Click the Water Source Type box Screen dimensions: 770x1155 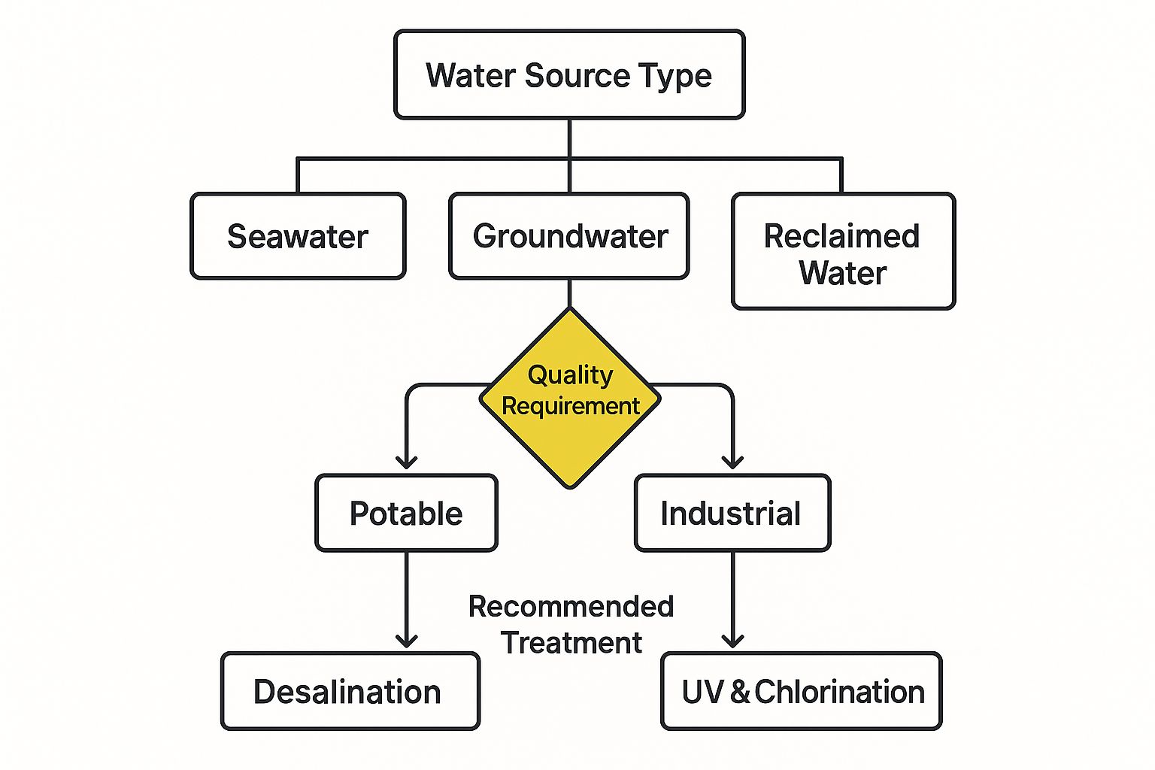[x=569, y=74]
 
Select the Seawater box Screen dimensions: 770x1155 [x=298, y=236]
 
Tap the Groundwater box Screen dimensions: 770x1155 [x=569, y=236]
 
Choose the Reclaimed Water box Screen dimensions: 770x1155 [x=843, y=251]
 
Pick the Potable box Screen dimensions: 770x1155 [x=406, y=513]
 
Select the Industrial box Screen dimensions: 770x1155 [x=732, y=513]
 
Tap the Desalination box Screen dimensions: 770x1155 [x=350, y=691]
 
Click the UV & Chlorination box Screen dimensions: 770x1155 [x=802, y=691]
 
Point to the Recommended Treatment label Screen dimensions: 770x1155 [x=571, y=624]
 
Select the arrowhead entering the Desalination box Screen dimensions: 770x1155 [x=406, y=641]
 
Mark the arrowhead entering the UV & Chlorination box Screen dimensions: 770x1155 [x=732, y=641]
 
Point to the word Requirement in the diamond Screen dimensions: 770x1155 [x=571, y=406]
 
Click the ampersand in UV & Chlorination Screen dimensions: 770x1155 [x=740, y=692]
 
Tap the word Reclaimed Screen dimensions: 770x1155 [x=841, y=236]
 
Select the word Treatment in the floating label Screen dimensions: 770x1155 [x=571, y=643]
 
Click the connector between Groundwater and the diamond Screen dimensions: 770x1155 [x=569, y=293]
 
